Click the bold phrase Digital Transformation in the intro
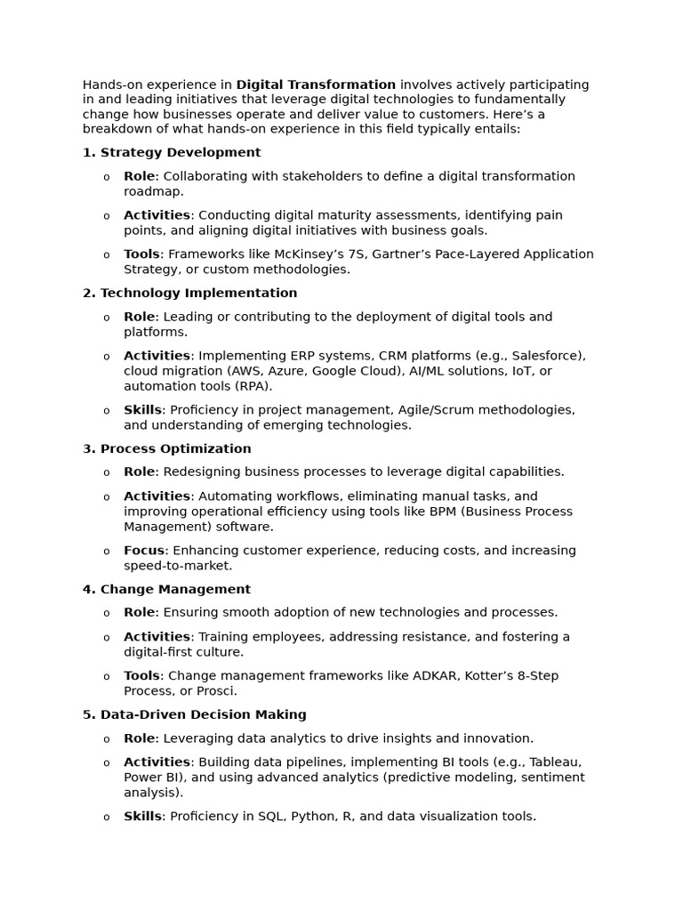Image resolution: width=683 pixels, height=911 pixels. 316,85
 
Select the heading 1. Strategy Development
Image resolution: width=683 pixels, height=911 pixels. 172,152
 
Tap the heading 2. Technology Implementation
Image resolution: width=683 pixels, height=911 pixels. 189,293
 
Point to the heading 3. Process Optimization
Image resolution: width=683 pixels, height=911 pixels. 166,448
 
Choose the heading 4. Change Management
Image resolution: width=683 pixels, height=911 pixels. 166,589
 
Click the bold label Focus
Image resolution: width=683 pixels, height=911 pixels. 144,550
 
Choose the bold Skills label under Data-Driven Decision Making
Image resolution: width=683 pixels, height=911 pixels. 142,816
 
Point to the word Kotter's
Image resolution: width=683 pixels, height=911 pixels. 504,675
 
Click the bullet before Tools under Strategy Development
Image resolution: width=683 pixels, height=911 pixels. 107,255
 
